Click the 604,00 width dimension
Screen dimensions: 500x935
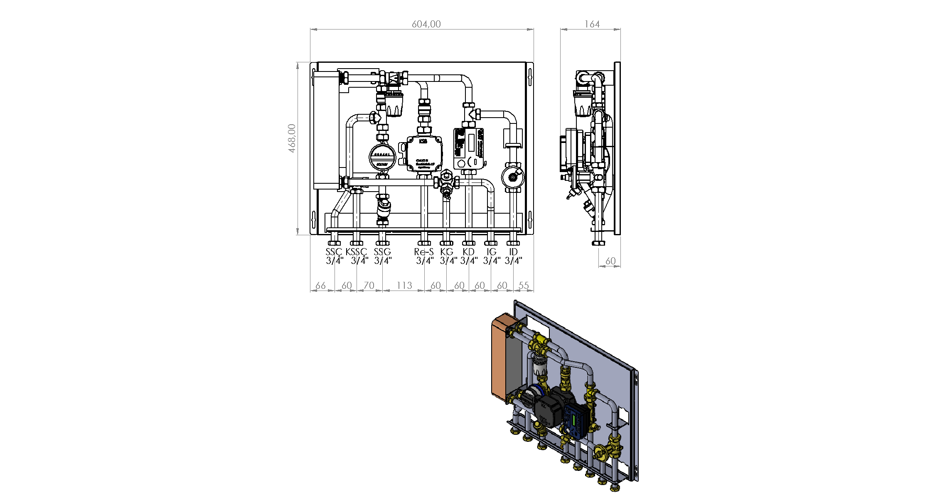pyautogui.click(x=426, y=24)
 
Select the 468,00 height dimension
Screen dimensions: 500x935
pyautogui.click(x=292, y=138)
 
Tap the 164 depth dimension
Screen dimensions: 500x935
pyautogui.click(x=592, y=24)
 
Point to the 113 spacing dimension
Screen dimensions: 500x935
pyautogui.click(x=404, y=286)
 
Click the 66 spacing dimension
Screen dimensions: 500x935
pyautogui.click(x=320, y=286)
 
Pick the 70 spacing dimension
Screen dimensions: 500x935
pyautogui.click(x=369, y=286)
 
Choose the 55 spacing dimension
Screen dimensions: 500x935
pyautogui.click(x=524, y=286)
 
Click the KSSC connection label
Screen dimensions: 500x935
pyautogui.click(x=356, y=252)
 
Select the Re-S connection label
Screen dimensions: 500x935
pyautogui.click(x=424, y=252)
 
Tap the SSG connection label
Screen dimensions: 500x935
pyautogui.click(x=382, y=252)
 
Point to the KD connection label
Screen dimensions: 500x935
pyautogui.click(x=468, y=252)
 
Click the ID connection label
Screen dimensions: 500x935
pyautogui.click(x=514, y=252)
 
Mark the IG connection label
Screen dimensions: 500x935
pyautogui.click(x=491, y=252)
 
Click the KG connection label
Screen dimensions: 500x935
pyautogui.click(x=447, y=252)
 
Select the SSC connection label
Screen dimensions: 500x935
pyautogui.click(x=333, y=252)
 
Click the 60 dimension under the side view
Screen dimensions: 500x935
pyautogui.click(x=610, y=261)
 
